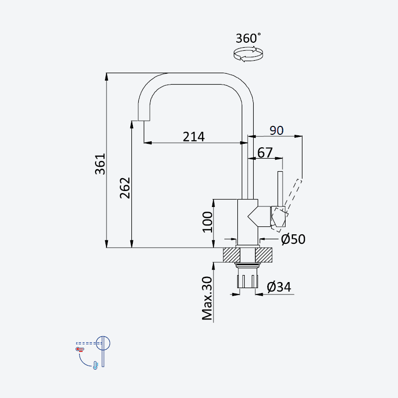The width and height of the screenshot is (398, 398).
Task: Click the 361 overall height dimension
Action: tap(100, 164)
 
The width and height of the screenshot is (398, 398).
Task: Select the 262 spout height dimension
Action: tap(125, 188)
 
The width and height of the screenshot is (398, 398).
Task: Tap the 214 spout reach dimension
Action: tap(194, 137)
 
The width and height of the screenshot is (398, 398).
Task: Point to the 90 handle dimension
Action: tap(277, 130)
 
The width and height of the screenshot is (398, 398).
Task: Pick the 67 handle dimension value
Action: tap(265, 153)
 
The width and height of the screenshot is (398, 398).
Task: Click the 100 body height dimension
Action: tap(207, 222)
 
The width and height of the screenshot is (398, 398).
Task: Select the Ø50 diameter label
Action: tap(293, 239)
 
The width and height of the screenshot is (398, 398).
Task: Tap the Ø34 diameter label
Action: tap(279, 287)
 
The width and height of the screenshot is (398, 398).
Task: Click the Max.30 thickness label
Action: tap(207, 298)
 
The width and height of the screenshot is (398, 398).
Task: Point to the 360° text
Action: tap(248, 38)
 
